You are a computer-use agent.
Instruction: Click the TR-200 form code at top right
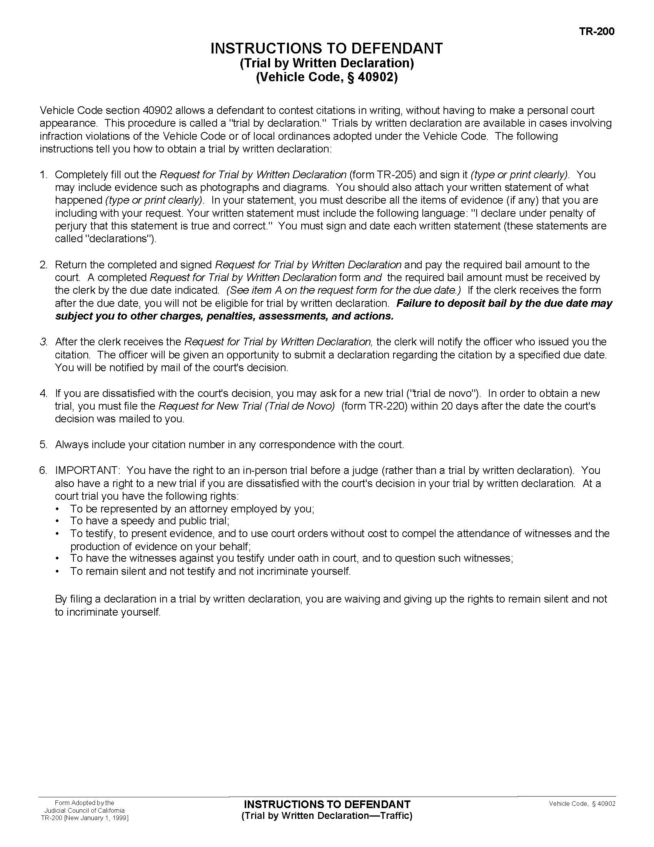click(x=597, y=31)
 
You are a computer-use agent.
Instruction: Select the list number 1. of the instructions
click(x=43, y=175)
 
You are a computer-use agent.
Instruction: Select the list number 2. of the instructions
click(x=43, y=265)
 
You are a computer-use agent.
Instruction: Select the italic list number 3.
click(x=43, y=342)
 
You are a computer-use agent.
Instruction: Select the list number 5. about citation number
click(x=43, y=444)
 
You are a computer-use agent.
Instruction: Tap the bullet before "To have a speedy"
click(x=58, y=521)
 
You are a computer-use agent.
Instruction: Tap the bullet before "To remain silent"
click(x=58, y=572)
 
